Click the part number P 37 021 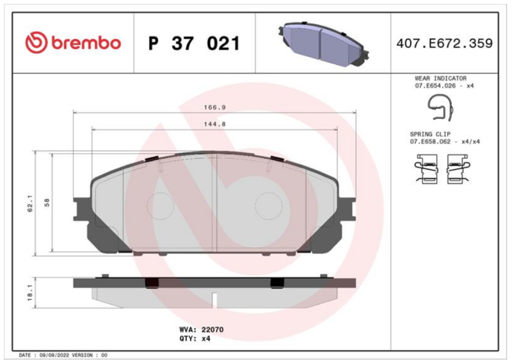pyautogui.click(x=195, y=43)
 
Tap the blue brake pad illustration pyautogui.click(x=324, y=44)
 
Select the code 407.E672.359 pyautogui.click(x=444, y=43)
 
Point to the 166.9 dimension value pyautogui.click(x=215, y=107)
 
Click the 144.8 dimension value pyautogui.click(x=215, y=124)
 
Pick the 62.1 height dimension pyautogui.click(x=30, y=204)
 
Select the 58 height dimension pyautogui.click(x=47, y=203)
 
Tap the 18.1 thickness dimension pyautogui.click(x=29, y=292)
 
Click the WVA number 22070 pyautogui.click(x=212, y=330)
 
